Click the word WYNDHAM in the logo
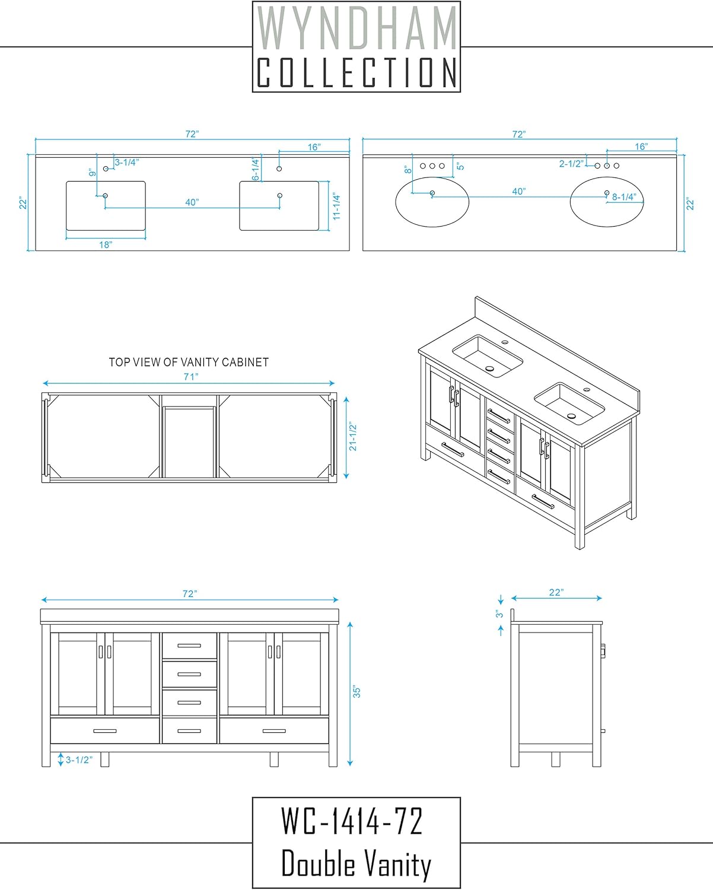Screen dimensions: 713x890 pos(356,28)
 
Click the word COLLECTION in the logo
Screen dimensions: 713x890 pos(356,72)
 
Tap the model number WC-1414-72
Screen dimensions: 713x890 pos(352,821)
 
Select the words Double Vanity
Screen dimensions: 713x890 pos(356,863)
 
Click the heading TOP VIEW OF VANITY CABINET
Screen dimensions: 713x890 pos(189,363)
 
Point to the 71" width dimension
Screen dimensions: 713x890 pos(191,377)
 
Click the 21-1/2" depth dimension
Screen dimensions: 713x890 pos(353,437)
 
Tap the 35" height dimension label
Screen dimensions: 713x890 pos(356,692)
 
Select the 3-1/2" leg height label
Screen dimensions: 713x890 pos(79,759)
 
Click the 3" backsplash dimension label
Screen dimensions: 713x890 pos(499,614)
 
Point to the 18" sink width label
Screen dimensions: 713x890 pos(106,244)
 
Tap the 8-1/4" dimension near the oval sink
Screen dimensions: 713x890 pos(624,197)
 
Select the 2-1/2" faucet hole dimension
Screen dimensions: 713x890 pos(572,163)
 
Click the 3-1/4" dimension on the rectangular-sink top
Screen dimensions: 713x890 pos(126,162)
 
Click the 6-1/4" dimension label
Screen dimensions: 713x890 pos(256,169)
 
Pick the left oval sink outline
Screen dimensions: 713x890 pos(432,177)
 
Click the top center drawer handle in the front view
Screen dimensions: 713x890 pos(189,646)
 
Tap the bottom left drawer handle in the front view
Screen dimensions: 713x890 pos(104,731)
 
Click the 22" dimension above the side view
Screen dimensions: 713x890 pos(556,592)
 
